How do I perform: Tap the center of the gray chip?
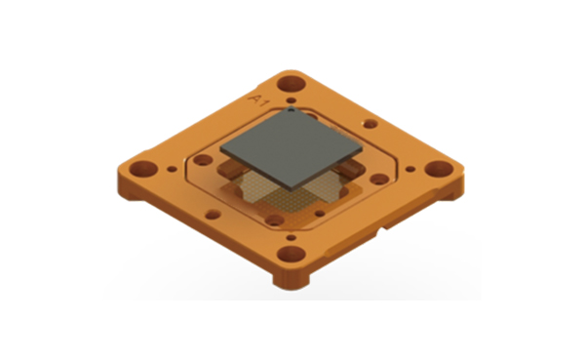[291, 149]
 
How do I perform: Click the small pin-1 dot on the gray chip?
[294, 115]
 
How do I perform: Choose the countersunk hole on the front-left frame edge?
[208, 207]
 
